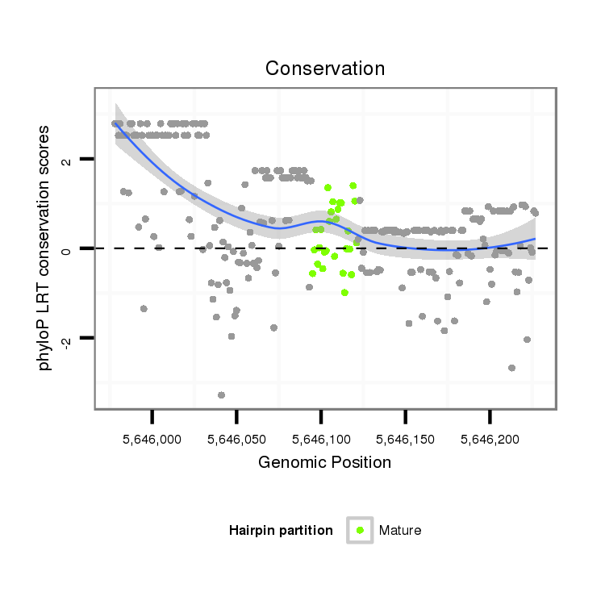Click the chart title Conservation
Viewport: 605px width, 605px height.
[x=325, y=68]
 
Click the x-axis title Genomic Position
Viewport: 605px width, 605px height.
[x=324, y=462]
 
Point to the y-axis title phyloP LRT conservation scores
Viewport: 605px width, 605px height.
[x=45, y=248]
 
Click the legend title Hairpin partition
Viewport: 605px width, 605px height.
[x=281, y=530]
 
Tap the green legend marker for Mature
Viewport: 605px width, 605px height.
[x=360, y=530]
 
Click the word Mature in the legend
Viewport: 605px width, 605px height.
[x=400, y=530]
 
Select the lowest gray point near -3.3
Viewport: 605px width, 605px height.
[x=221, y=394]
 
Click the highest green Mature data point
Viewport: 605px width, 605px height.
[x=353, y=186]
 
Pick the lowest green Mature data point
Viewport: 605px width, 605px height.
[x=344, y=292]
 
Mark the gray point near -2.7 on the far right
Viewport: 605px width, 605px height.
[x=511, y=368]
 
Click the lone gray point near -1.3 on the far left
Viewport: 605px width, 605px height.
[x=144, y=308]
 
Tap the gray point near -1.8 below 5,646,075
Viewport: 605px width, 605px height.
[x=274, y=328]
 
